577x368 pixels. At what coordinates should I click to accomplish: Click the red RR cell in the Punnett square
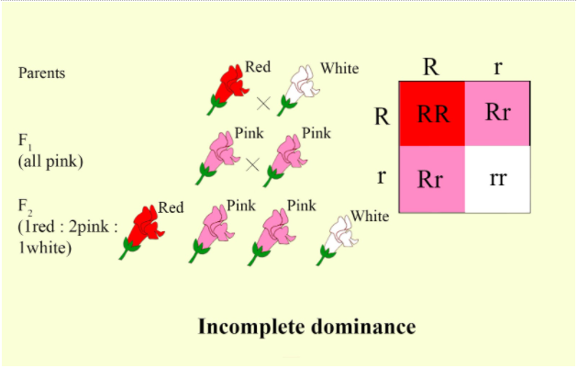[431, 114]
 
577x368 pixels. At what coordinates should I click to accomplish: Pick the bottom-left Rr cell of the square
[431, 178]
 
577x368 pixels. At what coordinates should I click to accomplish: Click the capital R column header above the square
[431, 66]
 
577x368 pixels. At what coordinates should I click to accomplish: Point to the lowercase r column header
[496, 67]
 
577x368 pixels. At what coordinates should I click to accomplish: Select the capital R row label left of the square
[383, 116]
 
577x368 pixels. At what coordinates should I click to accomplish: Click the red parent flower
[228, 89]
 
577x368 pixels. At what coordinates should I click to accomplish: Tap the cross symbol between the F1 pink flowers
[251, 164]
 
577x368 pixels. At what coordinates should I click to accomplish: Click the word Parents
[42, 73]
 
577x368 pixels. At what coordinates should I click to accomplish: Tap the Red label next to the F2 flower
[171, 207]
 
